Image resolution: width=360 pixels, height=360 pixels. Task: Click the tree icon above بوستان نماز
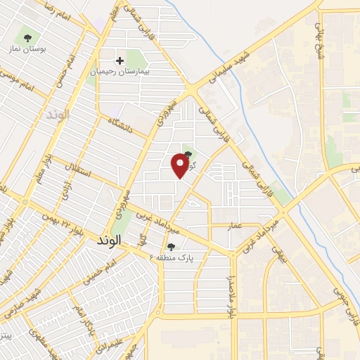pos(27,37)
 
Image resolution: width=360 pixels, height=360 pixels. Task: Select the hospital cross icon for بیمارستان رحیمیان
pos(120,61)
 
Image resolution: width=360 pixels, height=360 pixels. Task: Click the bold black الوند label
pos(107,240)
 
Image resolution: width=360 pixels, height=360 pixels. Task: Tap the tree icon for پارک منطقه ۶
pos(171,246)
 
